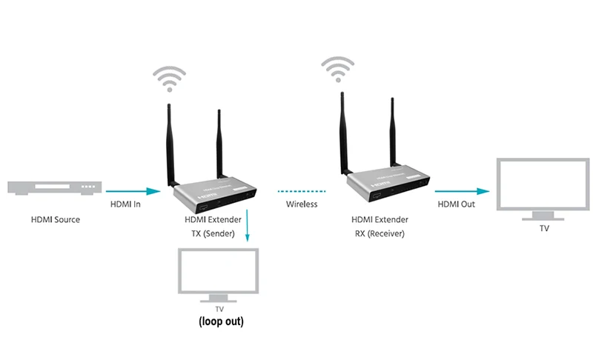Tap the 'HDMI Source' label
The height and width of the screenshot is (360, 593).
point(56,219)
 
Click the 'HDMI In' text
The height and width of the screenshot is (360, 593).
point(125,204)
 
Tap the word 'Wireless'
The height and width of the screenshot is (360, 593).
point(302,204)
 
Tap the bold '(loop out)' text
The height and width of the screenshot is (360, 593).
point(221,322)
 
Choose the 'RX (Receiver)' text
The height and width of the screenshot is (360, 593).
point(380,233)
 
